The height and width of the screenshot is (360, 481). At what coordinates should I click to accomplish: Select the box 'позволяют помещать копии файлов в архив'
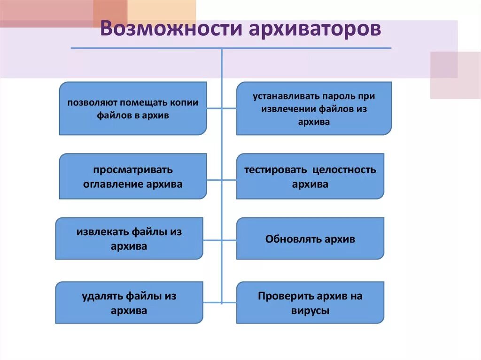coord(133,108)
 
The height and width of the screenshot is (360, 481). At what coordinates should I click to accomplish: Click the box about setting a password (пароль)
coord(314,108)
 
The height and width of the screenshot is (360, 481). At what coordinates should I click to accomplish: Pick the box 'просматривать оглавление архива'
coord(133,176)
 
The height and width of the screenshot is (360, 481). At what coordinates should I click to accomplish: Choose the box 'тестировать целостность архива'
coord(310,176)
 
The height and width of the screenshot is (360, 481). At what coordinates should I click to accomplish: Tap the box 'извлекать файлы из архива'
coord(129,238)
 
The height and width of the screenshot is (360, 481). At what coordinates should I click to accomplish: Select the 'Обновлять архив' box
coord(310,238)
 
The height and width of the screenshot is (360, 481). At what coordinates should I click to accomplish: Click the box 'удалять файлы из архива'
coord(129,303)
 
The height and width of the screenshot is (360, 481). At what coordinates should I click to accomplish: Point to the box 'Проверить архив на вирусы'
coord(310,303)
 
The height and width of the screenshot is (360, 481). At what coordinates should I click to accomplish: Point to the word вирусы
coord(310,310)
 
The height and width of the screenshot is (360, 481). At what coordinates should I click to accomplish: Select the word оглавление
coord(110,184)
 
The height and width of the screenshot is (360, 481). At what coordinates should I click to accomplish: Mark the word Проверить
coord(281,296)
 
